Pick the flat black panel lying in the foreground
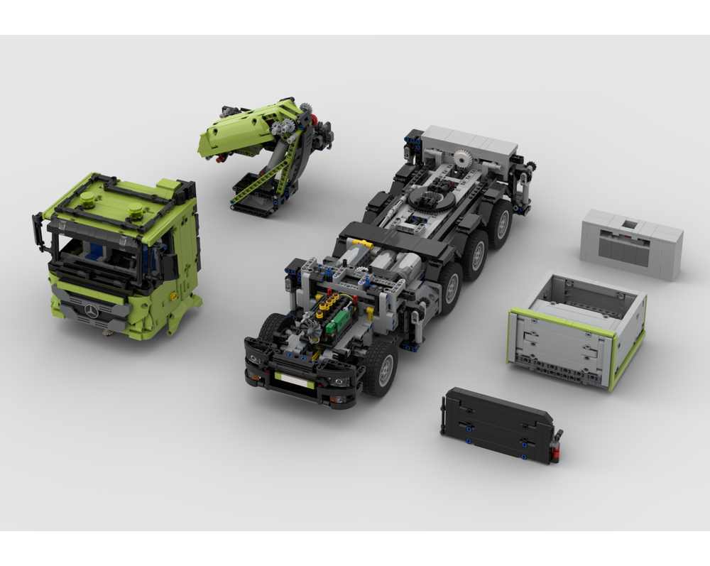pyautogui.click(x=497, y=425)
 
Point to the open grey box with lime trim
pyautogui.click(x=577, y=328)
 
